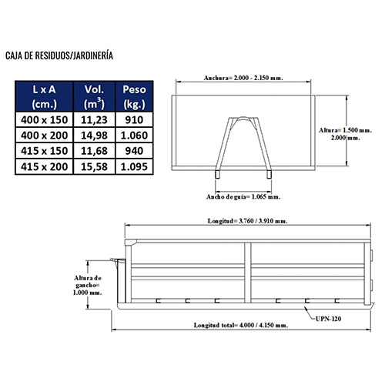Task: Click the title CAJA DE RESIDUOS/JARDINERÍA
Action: click(x=59, y=55)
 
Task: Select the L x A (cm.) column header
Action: click(x=44, y=96)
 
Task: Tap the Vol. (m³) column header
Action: click(x=95, y=96)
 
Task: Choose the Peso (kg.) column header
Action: click(x=134, y=96)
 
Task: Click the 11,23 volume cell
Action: click(x=94, y=120)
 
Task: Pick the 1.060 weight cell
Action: click(x=134, y=136)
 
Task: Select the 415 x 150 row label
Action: click(x=44, y=151)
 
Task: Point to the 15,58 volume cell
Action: click(x=94, y=166)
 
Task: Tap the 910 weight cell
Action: click(x=134, y=120)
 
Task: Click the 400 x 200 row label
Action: click(x=44, y=136)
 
